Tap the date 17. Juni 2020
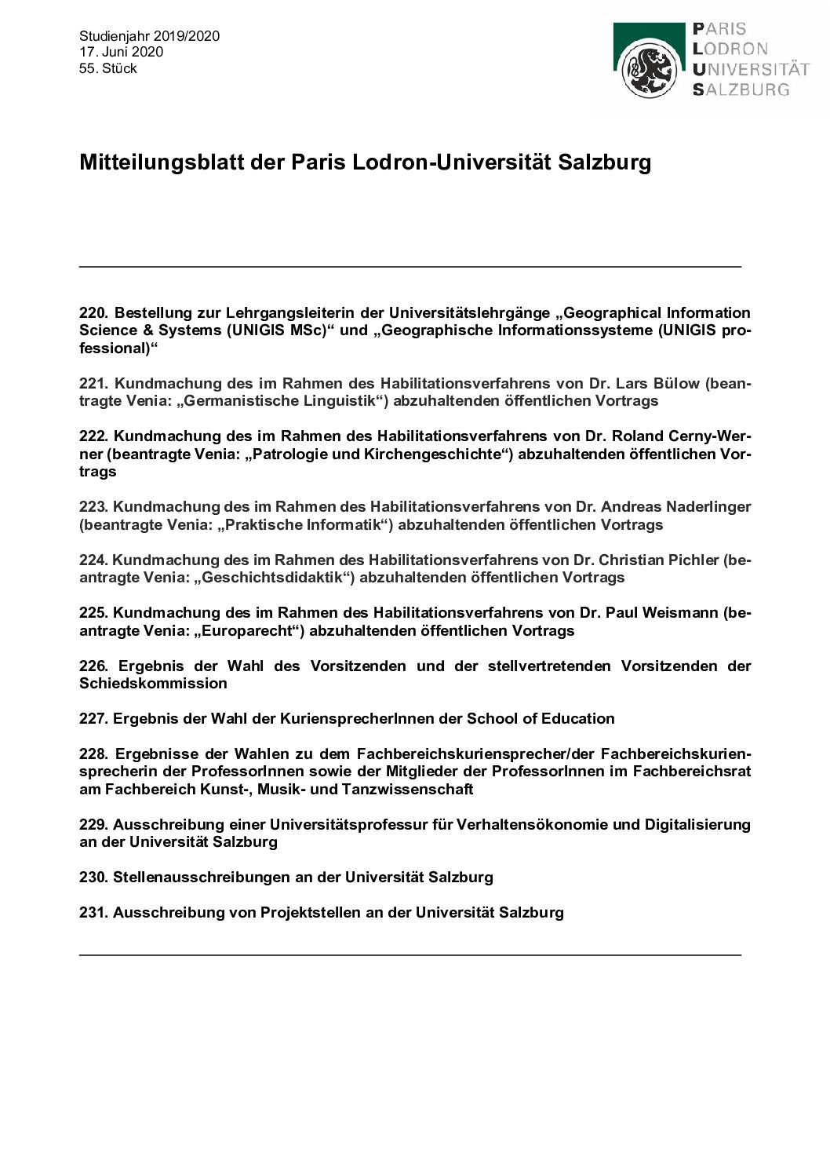(x=121, y=52)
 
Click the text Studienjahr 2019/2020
(x=149, y=35)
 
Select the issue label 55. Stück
(x=108, y=68)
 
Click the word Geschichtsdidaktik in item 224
(x=276, y=578)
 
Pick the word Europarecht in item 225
(x=266, y=630)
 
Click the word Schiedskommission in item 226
(x=153, y=683)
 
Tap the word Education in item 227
(x=577, y=718)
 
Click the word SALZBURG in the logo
(x=741, y=89)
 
